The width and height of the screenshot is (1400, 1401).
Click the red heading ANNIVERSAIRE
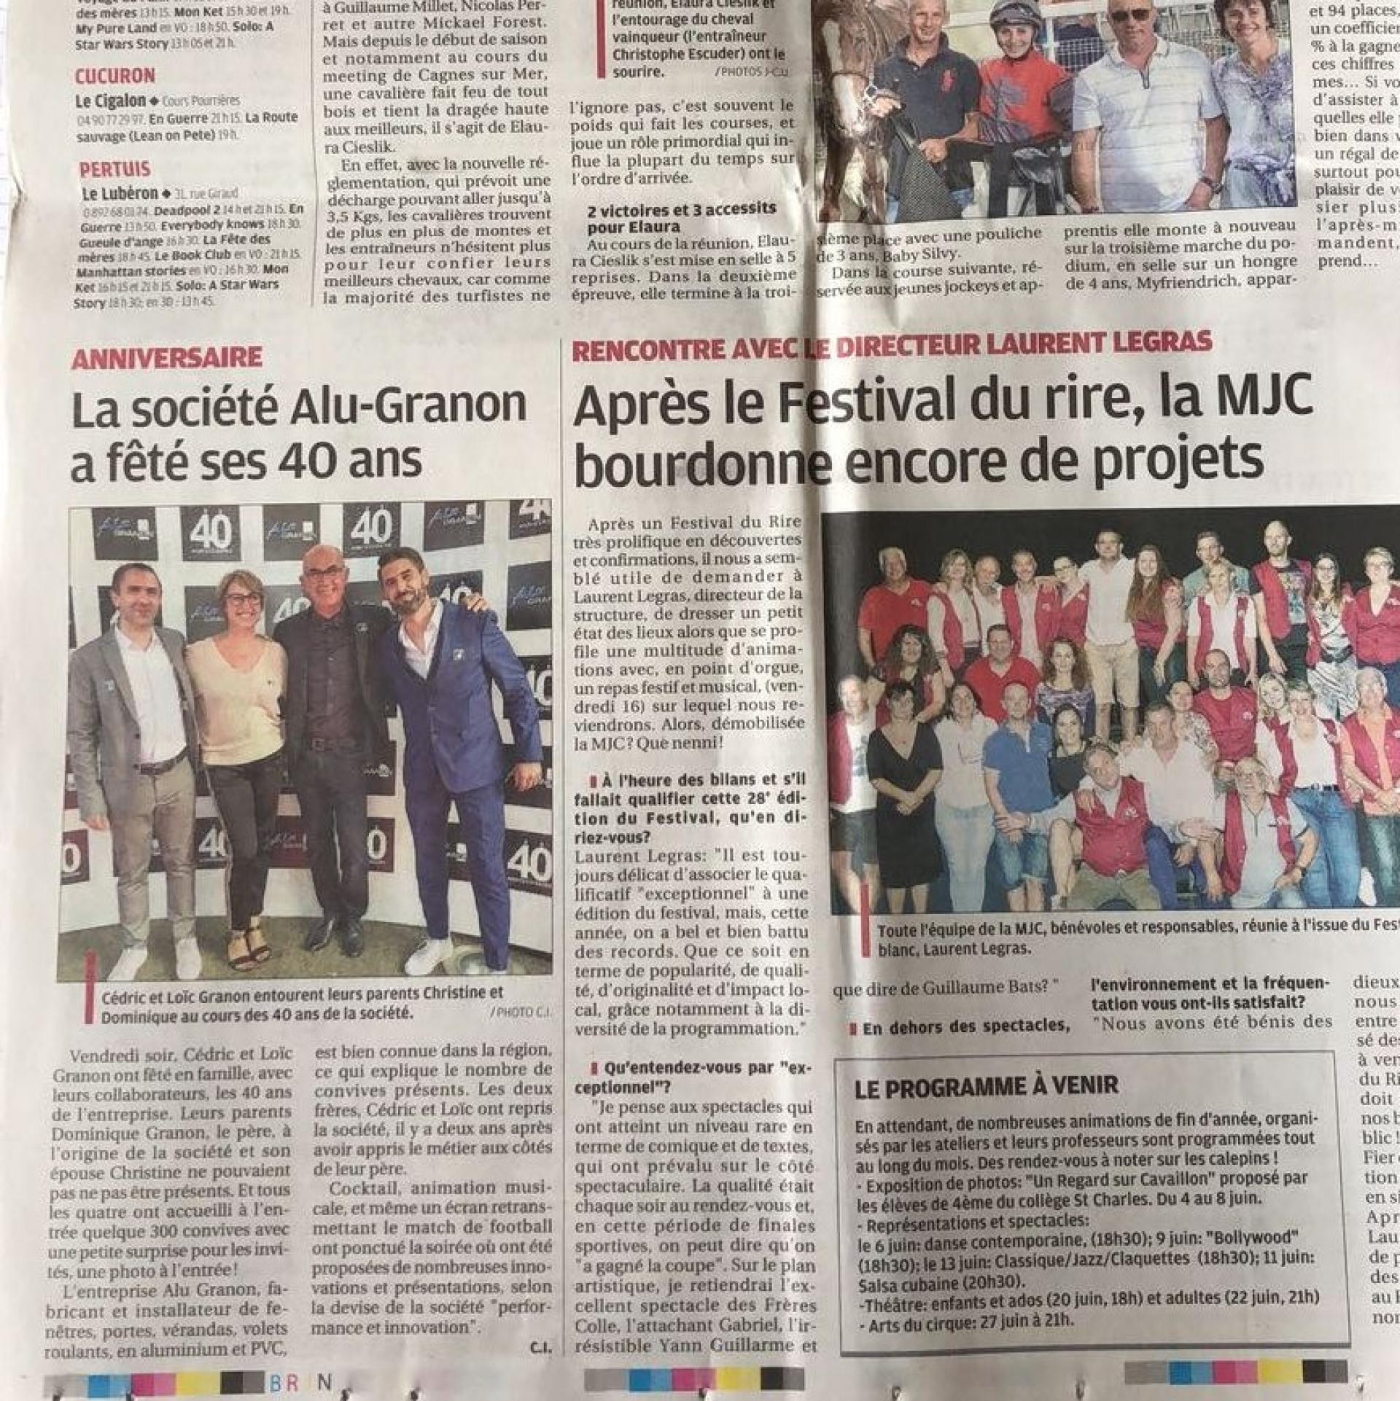[x=166, y=357]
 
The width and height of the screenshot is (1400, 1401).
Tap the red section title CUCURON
[x=114, y=77]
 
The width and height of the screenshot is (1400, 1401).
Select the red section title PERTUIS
[x=114, y=170]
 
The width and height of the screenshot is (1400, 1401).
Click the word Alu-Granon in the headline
[x=408, y=405]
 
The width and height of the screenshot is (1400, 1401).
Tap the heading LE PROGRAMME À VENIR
[x=987, y=1085]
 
